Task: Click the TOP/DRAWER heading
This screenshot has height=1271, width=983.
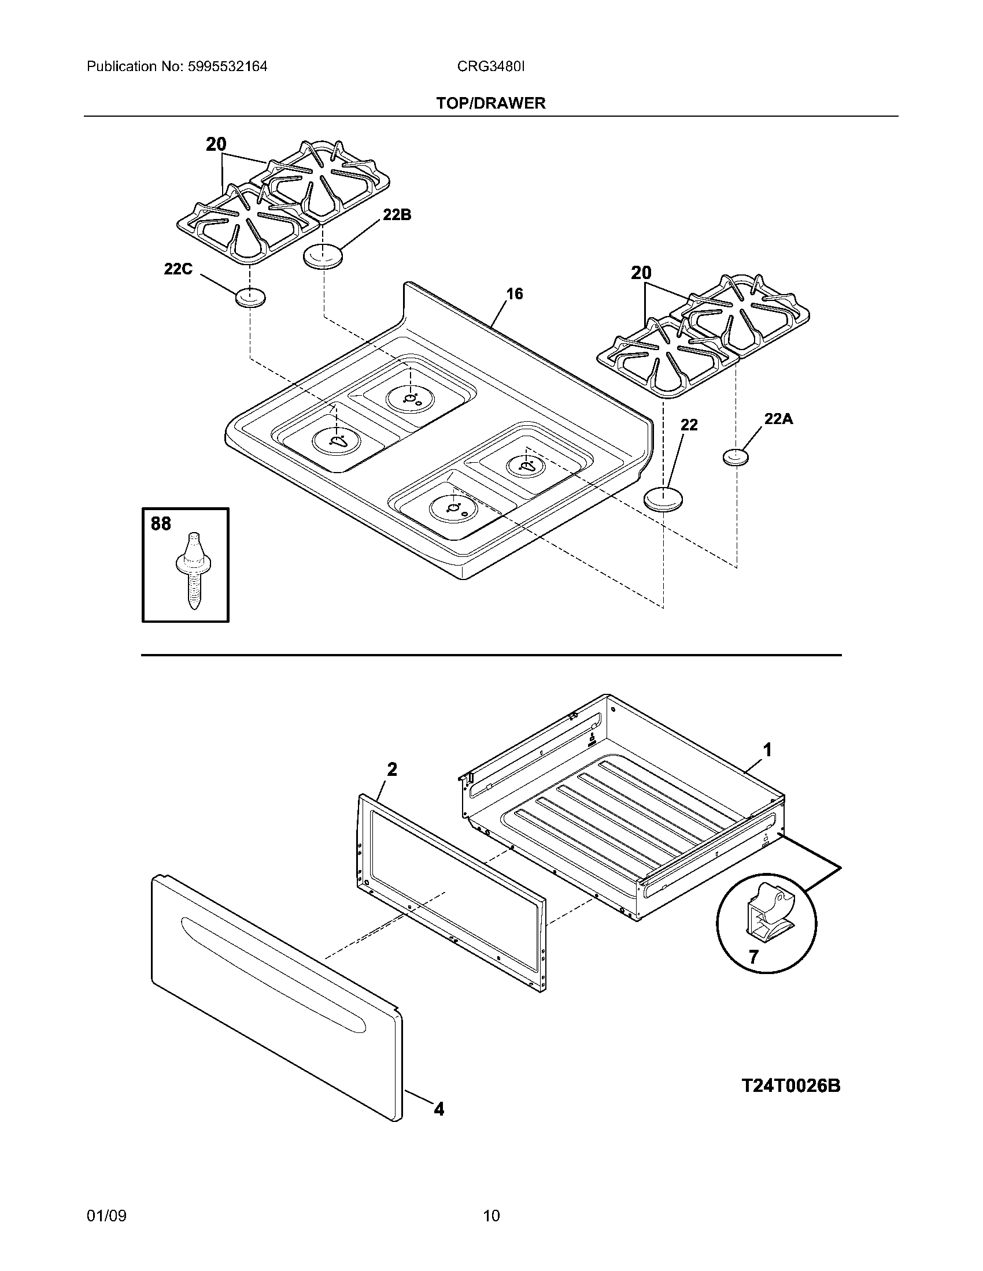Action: pos(491,103)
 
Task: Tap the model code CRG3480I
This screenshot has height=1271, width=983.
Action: pos(490,66)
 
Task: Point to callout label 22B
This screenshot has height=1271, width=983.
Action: pos(397,215)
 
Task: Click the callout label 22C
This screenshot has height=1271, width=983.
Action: pos(178,269)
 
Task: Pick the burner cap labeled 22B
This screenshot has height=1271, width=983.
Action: pos(323,257)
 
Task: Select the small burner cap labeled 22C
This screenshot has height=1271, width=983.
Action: pos(250,298)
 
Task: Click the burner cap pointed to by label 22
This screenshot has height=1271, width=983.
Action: pos(663,499)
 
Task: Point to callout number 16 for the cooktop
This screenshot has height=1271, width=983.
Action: pos(514,294)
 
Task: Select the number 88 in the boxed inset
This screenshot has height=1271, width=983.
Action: pos(161,524)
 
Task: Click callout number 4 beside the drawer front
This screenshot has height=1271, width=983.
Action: pos(439,1110)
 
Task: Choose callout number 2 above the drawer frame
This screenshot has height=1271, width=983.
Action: pos(392,770)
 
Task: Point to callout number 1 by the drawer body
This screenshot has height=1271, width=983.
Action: pos(767,750)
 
